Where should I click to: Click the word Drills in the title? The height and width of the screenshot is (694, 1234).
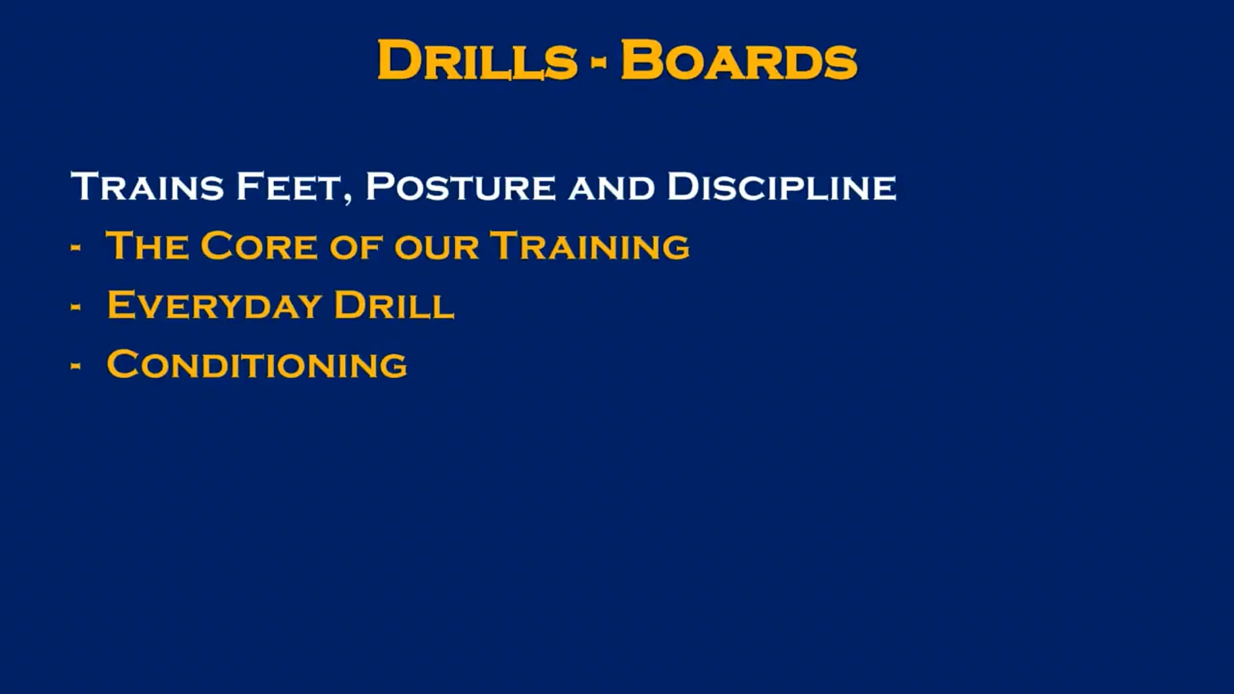click(x=478, y=60)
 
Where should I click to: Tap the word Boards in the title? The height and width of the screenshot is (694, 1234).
click(x=739, y=60)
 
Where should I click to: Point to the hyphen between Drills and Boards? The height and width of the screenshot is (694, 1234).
click(x=599, y=62)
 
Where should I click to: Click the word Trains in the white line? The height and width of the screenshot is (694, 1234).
click(x=147, y=186)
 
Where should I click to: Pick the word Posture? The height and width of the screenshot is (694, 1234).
click(x=460, y=186)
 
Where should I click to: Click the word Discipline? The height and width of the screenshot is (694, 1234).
click(x=782, y=186)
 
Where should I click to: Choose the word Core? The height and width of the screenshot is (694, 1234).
click(x=259, y=246)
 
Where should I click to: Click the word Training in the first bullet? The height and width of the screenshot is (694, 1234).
click(x=590, y=246)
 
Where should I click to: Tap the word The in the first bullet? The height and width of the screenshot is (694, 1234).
click(x=147, y=246)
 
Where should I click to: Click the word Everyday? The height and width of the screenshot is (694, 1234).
click(x=214, y=305)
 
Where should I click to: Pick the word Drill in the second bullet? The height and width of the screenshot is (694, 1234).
click(x=394, y=305)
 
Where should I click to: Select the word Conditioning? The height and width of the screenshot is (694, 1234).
click(x=256, y=364)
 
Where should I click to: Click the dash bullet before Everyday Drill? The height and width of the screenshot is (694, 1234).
click(x=76, y=307)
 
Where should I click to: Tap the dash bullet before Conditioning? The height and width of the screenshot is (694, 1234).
click(x=76, y=366)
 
